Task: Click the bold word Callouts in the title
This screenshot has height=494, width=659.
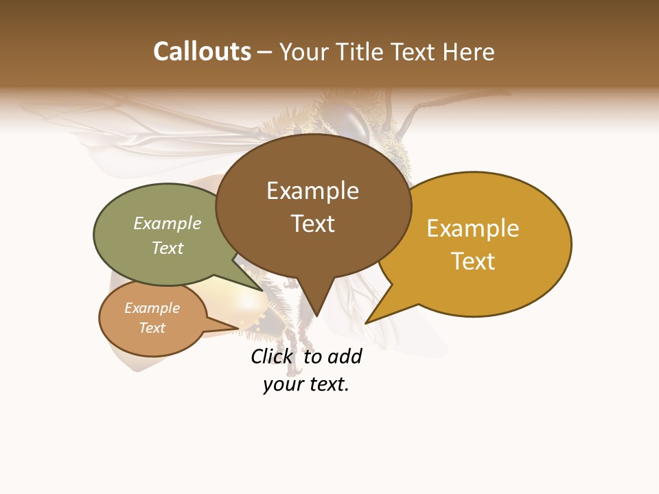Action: click(202, 51)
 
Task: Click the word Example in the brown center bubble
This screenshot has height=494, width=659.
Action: click(312, 191)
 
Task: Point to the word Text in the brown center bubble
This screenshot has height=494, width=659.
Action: click(312, 224)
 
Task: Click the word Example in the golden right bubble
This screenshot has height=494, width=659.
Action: click(473, 228)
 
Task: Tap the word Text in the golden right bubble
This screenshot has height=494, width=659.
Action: click(473, 261)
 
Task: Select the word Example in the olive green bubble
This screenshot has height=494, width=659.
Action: click(167, 223)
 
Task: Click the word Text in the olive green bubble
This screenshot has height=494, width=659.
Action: click(167, 248)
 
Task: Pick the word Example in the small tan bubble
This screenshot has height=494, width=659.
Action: click(152, 308)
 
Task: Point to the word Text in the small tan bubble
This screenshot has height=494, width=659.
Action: click(152, 328)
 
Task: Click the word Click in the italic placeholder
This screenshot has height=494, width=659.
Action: click(271, 357)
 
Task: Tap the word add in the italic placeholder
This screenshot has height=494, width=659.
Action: click(344, 357)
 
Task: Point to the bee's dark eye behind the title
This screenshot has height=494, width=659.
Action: click(354, 122)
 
